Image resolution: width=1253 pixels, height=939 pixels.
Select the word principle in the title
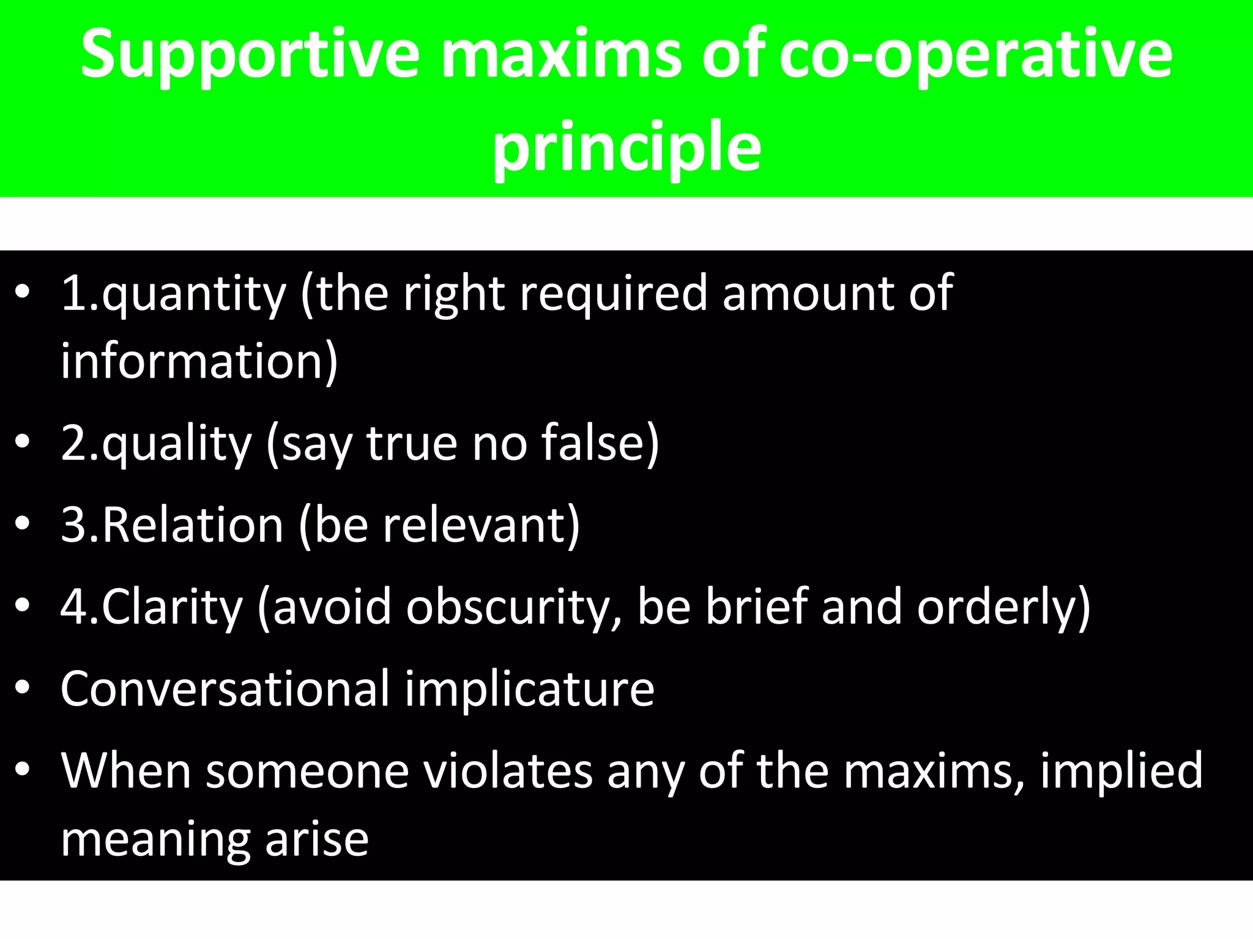(x=626, y=147)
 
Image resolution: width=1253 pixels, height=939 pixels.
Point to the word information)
(x=199, y=362)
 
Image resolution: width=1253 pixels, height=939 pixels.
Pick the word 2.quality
(x=156, y=444)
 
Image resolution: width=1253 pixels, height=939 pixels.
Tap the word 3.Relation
(x=172, y=526)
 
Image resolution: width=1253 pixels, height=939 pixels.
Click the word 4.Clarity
(x=152, y=608)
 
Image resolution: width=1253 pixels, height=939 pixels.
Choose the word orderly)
(x=1003, y=608)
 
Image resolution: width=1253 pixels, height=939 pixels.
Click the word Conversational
(x=225, y=690)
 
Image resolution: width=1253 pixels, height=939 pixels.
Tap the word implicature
(x=529, y=690)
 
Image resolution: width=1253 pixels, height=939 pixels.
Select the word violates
(x=508, y=771)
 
